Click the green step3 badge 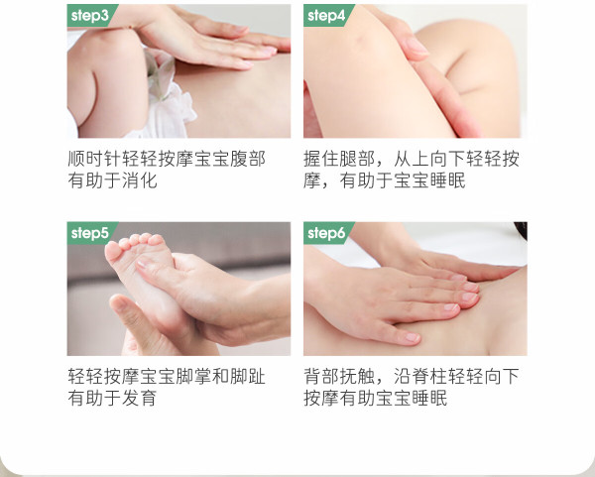pyautogui.click(x=91, y=16)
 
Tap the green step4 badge pyautogui.click(x=327, y=16)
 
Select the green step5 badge pyautogui.click(x=91, y=233)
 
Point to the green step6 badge pyautogui.click(x=327, y=233)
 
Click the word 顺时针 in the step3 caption pyautogui.click(x=94, y=159)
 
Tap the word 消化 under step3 pyautogui.click(x=139, y=180)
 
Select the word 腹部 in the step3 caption pyautogui.click(x=247, y=159)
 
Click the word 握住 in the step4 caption pyautogui.click(x=321, y=159)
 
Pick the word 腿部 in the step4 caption pyautogui.click(x=357, y=159)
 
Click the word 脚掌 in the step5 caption pyautogui.click(x=193, y=376)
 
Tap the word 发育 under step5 pyautogui.click(x=139, y=398)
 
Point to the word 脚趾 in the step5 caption pyautogui.click(x=247, y=376)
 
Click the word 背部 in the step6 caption pyautogui.click(x=321, y=376)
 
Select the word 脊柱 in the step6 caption pyautogui.click(x=429, y=376)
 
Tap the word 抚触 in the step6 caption pyautogui.click(x=357, y=376)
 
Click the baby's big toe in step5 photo pyautogui.click(x=113, y=251)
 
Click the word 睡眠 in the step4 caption pyautogui.click(x=447, y=180)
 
